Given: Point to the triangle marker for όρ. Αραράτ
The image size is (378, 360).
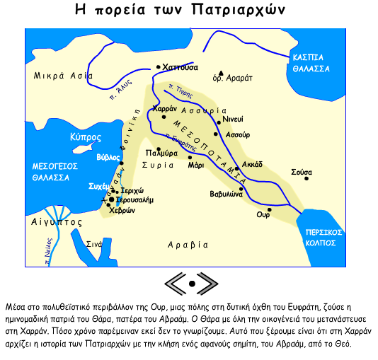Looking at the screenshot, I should tap(222, 72).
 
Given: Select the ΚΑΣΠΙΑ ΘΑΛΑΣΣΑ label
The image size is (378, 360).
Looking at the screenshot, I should tap(309, 63).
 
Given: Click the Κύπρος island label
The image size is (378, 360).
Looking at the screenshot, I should tap(84, 136).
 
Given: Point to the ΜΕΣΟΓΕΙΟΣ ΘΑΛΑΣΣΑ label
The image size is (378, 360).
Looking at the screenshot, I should tap(50, 172).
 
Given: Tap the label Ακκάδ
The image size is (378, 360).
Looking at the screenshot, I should tap(252, 163).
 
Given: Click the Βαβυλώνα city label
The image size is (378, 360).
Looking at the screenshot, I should tap(227, 193).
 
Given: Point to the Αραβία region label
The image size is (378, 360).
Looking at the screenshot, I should tap(188, 245).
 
